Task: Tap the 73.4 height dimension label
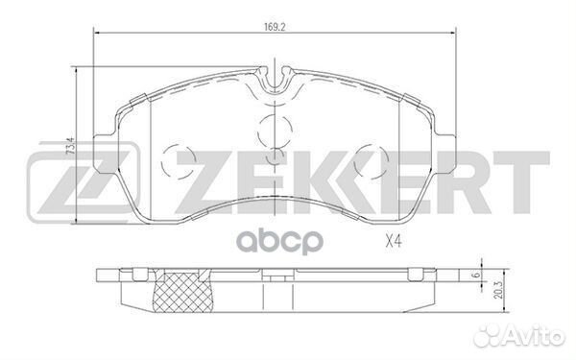68,149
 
